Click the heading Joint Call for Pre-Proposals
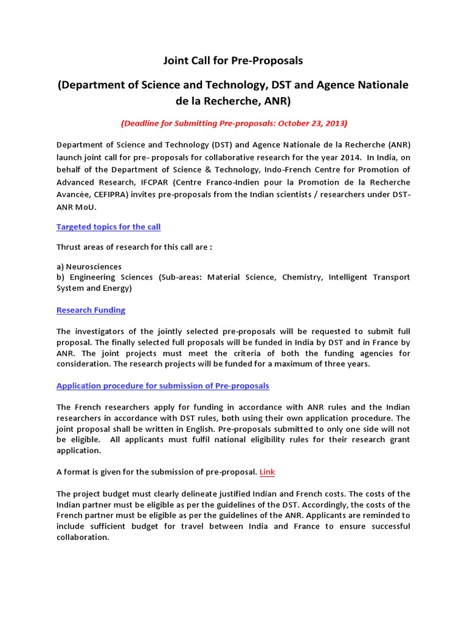[233, 61]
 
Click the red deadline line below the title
[233, 123]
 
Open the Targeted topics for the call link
[108, 227]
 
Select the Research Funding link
[91, 310]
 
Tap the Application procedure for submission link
[162, 386]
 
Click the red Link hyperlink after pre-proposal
[268, 472]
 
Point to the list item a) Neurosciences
[89, 267]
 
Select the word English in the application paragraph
[198, 429]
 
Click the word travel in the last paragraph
[195, 527]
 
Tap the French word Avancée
[76, 194]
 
